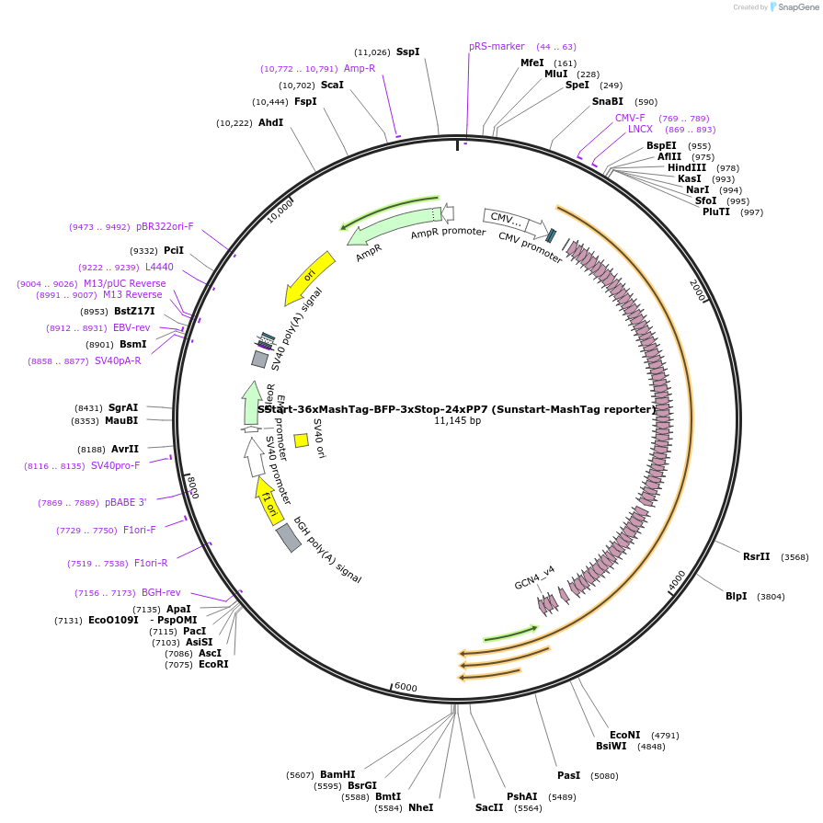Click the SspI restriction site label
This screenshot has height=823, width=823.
407,52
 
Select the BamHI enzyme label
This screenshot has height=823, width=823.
337,775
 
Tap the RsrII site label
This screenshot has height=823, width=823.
757,557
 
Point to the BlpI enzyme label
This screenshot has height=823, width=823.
737,597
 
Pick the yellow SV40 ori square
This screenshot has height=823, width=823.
301,440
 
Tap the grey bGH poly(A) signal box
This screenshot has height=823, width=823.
289,537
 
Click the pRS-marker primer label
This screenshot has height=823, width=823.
497,46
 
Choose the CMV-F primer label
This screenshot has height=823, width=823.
631,118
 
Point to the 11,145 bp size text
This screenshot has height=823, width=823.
458,421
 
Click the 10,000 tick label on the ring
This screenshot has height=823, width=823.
280,211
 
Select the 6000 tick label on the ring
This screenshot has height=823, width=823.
406,688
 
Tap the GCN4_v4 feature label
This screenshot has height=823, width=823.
534,583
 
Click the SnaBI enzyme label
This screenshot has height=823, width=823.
608,102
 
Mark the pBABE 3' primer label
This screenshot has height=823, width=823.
125,503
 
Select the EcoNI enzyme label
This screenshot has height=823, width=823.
625,735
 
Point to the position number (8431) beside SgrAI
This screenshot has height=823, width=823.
89,407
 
